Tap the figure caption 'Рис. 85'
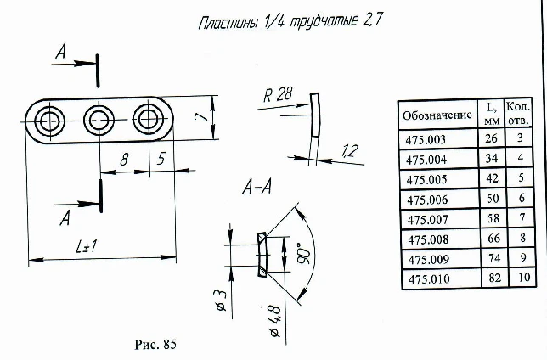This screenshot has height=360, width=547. (x=155, y=344)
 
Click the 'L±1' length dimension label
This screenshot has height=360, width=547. (x=87, y=247)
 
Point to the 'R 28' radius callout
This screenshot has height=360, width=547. (x=278, y=95)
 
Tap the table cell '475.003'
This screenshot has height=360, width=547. (x=426, y=138)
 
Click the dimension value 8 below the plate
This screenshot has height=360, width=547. (x=124, y=158)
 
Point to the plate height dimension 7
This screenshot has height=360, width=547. (x=196, y=119)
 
